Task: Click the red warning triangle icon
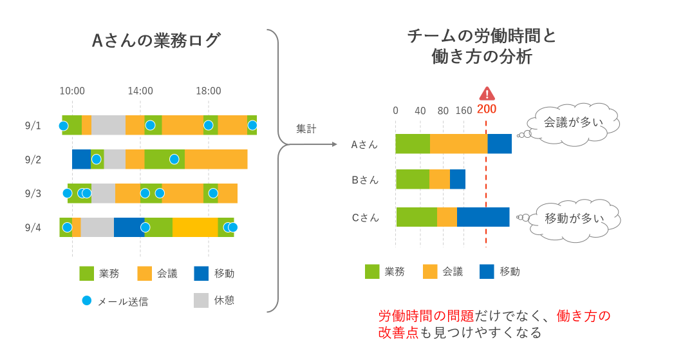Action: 487,93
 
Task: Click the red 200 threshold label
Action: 487,109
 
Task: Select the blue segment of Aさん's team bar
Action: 500,144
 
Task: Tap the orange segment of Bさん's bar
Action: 440,179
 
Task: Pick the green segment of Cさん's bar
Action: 417,217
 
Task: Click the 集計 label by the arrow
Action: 306,129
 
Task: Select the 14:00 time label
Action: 140,91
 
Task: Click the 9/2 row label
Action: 33,160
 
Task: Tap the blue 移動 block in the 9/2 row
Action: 81,159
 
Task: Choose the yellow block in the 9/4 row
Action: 195,227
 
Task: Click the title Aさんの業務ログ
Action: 156,41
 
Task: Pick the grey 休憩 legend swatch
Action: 201,300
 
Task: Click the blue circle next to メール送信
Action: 87,300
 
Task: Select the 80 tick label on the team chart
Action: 443,110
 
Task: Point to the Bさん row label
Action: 365,180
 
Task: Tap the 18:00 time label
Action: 208,91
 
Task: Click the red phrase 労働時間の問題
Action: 426,316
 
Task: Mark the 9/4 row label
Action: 33,227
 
